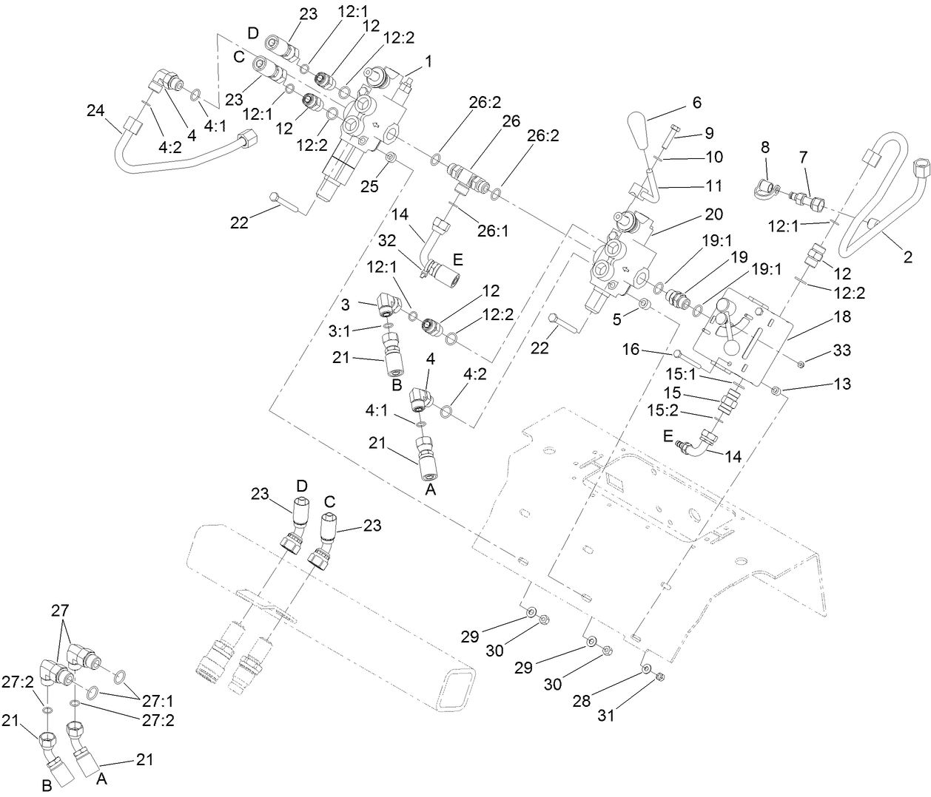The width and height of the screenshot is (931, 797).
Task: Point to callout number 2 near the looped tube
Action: [x=907, y=257]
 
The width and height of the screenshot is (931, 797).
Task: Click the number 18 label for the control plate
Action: [x=841, y=316]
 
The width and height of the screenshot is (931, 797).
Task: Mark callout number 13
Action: [x=841, y=384]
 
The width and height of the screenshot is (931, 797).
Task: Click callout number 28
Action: [x=582, y=699]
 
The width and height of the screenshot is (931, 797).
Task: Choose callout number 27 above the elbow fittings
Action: [x=59, y=611]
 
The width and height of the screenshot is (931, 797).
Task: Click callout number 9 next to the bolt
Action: [x=708, y=134]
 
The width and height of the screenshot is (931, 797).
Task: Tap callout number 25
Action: [x=369, y=186]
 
